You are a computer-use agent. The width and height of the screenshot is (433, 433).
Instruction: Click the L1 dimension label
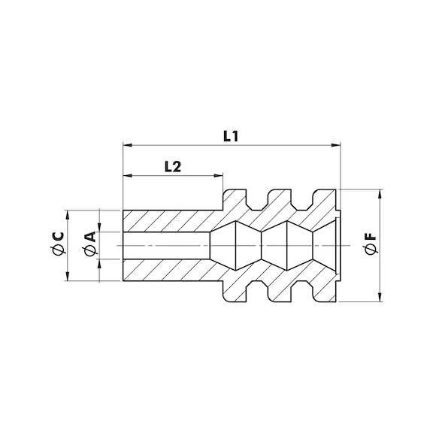231,136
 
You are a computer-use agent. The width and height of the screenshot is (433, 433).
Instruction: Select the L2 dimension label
173,167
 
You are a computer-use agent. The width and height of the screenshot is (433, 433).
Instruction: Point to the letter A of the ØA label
90,237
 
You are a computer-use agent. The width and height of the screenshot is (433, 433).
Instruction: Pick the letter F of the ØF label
371,237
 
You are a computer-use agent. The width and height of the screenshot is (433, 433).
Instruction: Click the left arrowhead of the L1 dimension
127,145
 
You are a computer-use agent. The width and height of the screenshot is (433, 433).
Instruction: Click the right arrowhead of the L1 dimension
336,145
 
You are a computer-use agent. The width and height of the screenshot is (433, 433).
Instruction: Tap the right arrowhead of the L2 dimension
219,175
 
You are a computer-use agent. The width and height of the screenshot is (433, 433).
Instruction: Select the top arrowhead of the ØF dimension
380,194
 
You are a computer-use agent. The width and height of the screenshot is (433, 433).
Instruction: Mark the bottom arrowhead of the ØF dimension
380,297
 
